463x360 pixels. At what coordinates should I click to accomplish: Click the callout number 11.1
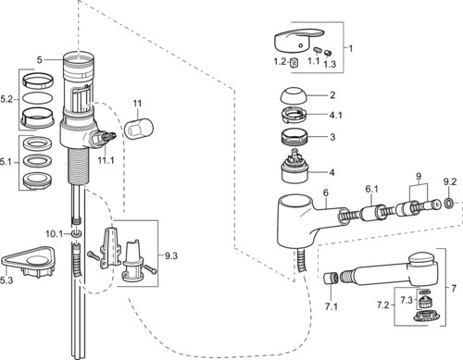(x=106, y=160)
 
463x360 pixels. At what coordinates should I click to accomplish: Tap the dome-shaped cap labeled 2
(x=294, y=96)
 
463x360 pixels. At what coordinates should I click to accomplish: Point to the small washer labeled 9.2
(x=449, y=203)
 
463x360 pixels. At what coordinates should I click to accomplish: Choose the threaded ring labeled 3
(x=294, y=137)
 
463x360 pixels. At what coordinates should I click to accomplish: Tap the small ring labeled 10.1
(x=76, y=233)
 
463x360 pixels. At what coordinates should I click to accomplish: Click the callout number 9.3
(x=170, y=255)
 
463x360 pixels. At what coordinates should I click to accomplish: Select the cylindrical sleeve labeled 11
(x=139, y=128)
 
